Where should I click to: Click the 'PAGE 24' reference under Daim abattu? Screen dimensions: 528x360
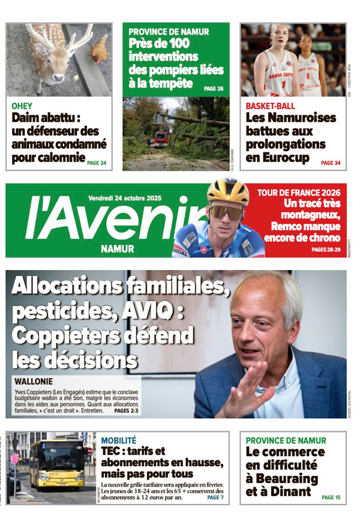pyautogui.click(x=97, y=163)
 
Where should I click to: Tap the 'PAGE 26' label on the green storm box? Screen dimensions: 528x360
pyautogui.click(x=214, y=88)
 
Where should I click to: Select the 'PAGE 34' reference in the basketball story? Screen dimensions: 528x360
pyautogui.click(x=331, y=163)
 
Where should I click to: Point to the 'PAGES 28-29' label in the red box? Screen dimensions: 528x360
pyautogui.click(x=326, y=249)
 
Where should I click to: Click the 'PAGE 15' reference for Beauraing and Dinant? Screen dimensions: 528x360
pyautogui.click(x=331, y=497)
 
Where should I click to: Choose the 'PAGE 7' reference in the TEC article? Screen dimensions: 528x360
pyautogui.click(x=215, y=497)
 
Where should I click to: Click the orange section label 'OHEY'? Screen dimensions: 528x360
pyautogui.click(x=22, y=106)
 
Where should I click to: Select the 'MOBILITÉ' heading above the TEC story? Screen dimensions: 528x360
pyautogui.click(x=119, y=440)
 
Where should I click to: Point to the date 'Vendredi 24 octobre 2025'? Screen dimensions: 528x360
pyautogui.click(x=129, y=198)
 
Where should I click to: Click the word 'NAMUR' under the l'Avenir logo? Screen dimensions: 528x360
pyautogui.click(x=118, y=248)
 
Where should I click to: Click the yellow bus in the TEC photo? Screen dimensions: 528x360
pyautogui.click(x=58, y=464)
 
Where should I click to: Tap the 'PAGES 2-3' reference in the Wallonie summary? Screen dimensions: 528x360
pyautogui.click(x=126, y=411)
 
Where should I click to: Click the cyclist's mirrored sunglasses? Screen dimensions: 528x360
pyautogui.click(x=226, y=211)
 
